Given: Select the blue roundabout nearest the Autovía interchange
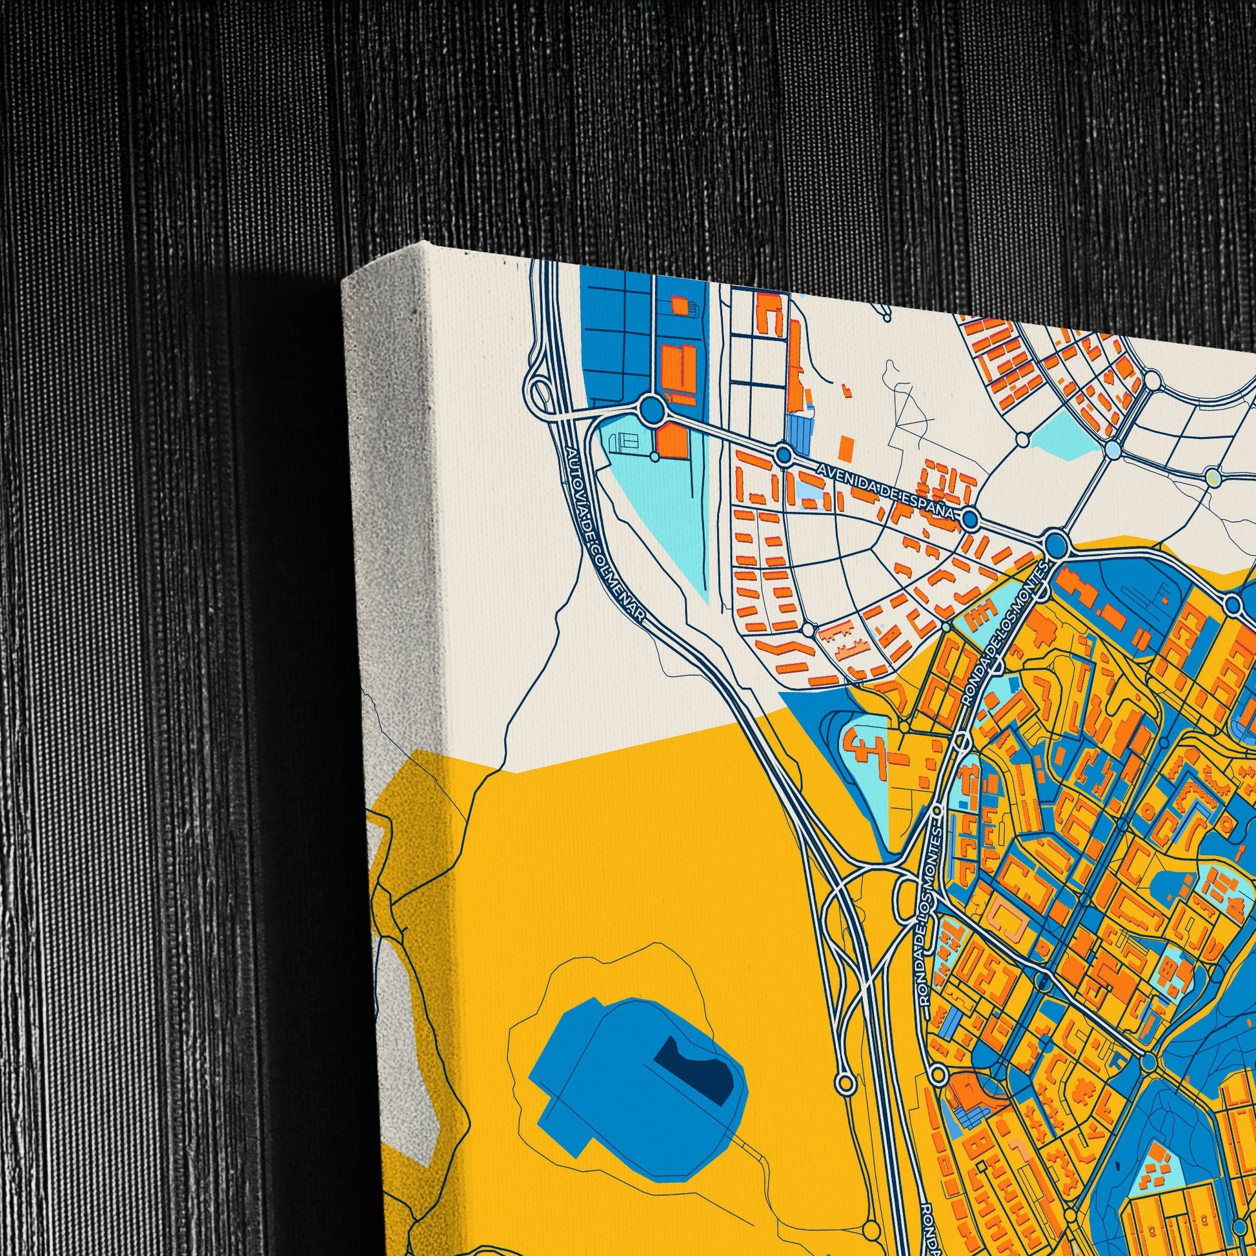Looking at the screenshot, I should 652,410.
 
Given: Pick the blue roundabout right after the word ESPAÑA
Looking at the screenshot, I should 970,518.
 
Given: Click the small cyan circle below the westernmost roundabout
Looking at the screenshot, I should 654,456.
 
